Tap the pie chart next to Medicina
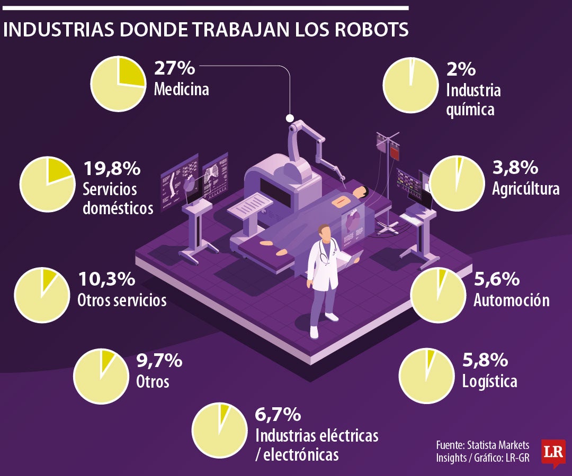click(x=118, y=84)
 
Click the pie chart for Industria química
click(x=410, y=84)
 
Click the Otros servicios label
click(x=122, y=300)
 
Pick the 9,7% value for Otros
click(x=159, y=361)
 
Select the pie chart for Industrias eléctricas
click(x=219, y=429)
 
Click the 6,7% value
click(x=278, y=414)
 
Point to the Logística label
click(x=489, y=381)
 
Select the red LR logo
click(x=553, y=452)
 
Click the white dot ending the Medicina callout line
click(x=290, y=118)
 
